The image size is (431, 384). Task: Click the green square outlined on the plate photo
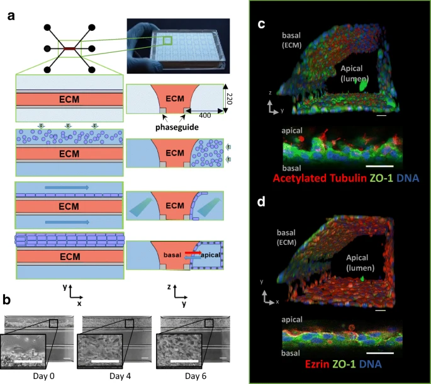167,42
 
